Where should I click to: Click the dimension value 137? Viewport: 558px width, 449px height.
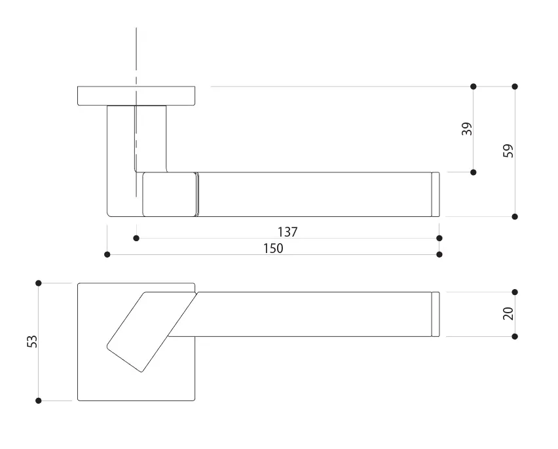point(288,232)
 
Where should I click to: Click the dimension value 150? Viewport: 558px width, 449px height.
point(273,248)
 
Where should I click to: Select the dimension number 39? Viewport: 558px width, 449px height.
point(467,128)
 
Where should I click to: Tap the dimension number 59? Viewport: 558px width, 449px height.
point(508,151)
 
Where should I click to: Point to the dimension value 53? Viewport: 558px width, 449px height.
point(32,342)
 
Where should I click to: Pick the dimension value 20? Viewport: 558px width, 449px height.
point(508,313)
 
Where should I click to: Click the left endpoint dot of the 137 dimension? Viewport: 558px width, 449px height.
point(136,238)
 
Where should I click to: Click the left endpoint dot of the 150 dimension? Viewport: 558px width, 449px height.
point(107,254)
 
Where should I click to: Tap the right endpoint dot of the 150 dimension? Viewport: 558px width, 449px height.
point(439,254)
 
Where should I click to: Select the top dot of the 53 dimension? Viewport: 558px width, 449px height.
point(39,283)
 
